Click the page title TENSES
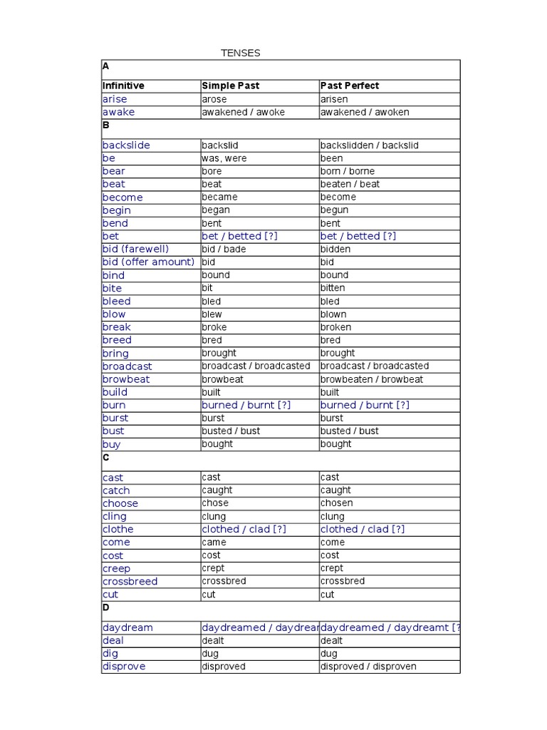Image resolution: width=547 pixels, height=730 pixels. click(x=240, y=53)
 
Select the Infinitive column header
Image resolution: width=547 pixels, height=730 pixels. click(x=123, y=86)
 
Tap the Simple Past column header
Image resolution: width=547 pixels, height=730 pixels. click(x=230, y=86)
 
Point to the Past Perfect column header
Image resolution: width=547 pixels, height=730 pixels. click(x=350, y=86)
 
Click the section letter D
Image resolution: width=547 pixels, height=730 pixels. click(x=106, y=607)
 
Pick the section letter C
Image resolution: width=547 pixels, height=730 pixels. click(x=106, y=458)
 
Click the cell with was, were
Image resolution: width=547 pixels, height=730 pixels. click(x=224, y=158)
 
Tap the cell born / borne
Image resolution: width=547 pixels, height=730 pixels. click(x=348, y=171)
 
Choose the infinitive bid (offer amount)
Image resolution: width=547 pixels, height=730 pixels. click(x=148, y=262)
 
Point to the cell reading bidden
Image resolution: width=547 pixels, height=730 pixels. click(x=335, y=249)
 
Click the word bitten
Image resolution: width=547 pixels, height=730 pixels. click(x=333, y=288)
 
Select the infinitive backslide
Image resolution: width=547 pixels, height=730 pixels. click(x=126, y=145)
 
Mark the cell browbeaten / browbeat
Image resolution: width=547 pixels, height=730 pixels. click(x=372, y=379)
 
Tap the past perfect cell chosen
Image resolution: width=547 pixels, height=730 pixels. click(x=337, y=503)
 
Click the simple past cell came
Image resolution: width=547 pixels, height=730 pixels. click(x=214, y=543)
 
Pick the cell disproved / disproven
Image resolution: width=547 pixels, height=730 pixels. click(x=368, y=667)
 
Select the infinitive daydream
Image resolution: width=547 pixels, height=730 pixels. click(x=127, y=628)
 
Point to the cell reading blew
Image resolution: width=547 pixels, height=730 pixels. click(x=212, y=314)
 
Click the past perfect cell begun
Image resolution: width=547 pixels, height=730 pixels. click(x=335, y=210)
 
